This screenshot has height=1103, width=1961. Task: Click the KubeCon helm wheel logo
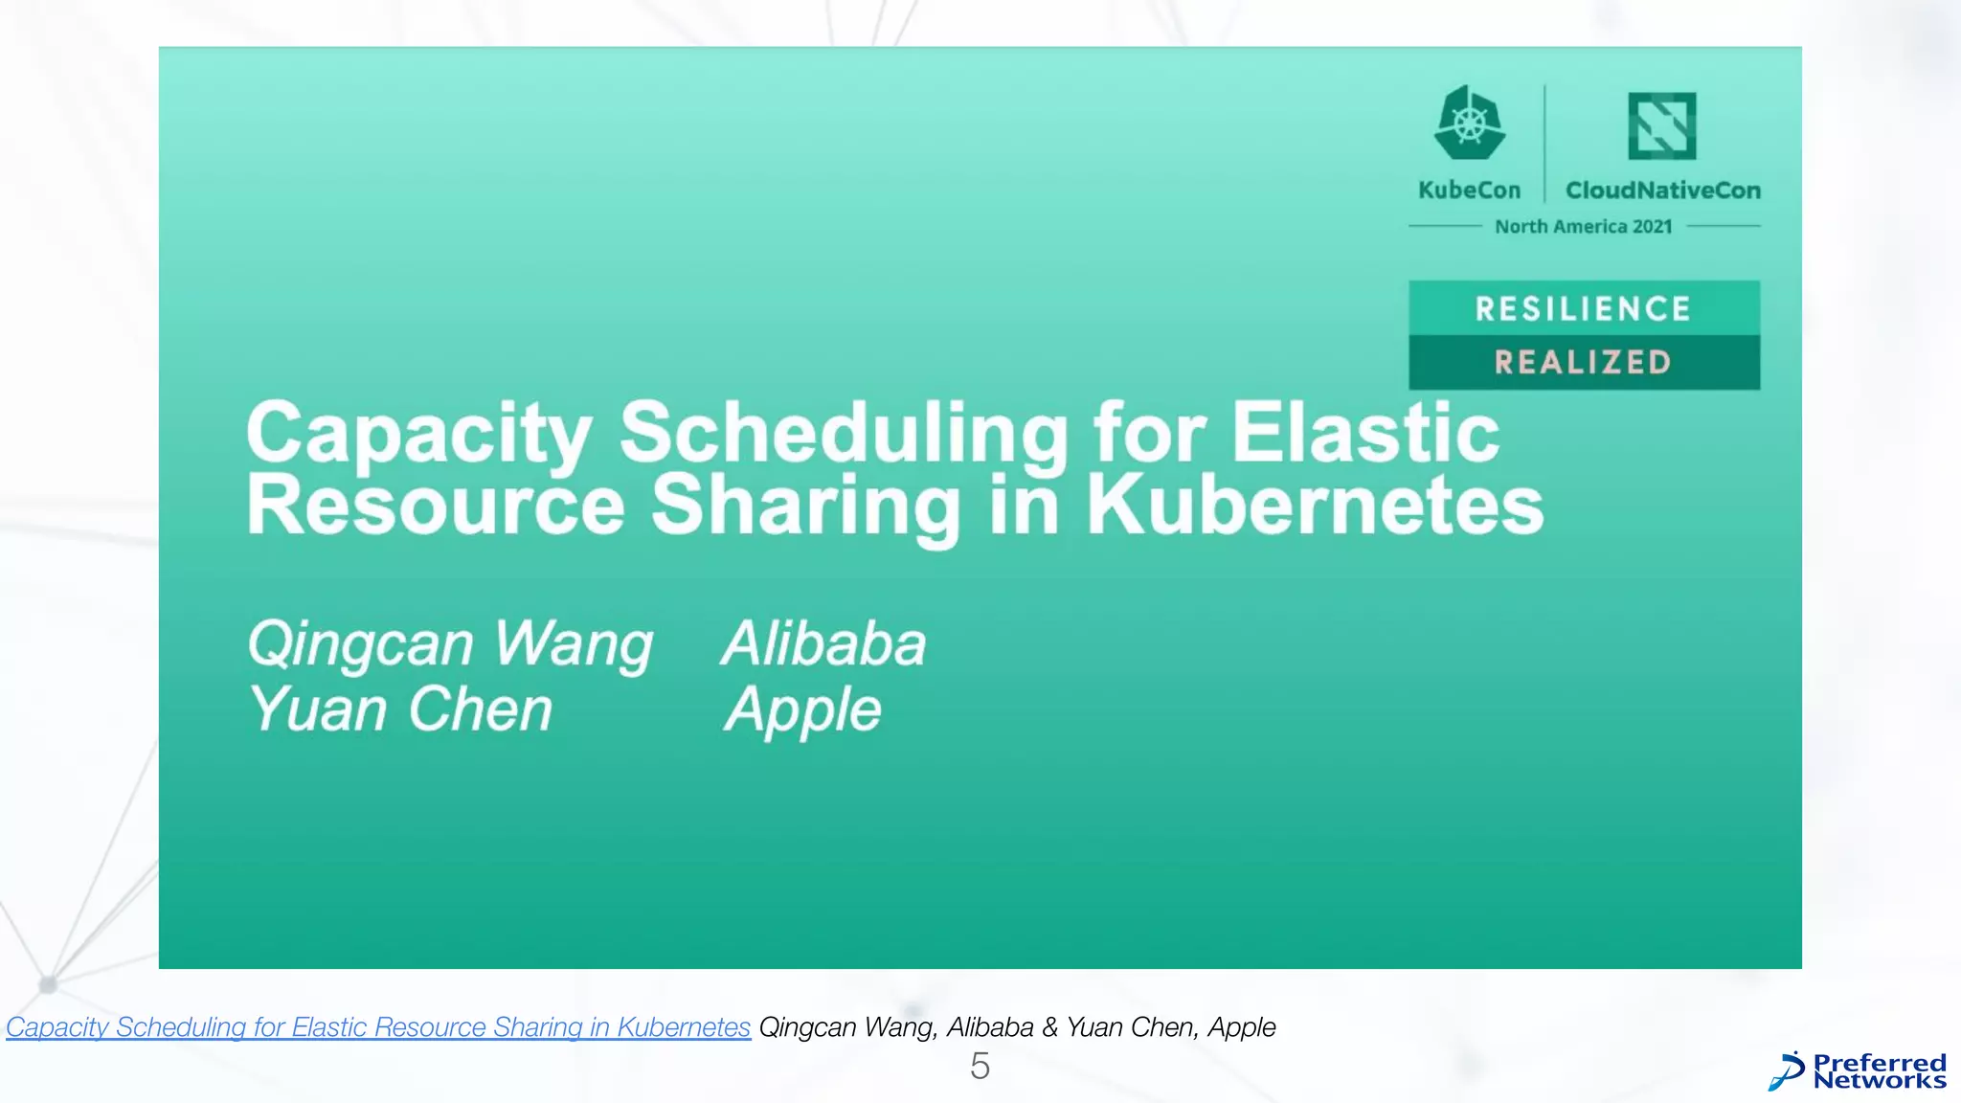1469,123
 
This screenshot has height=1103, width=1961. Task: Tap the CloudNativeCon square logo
1661,125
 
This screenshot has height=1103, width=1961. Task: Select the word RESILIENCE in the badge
1583,308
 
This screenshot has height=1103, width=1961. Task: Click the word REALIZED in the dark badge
1583,362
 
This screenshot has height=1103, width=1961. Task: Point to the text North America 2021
1583,227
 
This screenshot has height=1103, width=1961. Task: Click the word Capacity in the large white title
418,433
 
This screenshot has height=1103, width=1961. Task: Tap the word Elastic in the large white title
1364,433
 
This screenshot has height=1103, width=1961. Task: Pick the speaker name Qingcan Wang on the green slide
450,643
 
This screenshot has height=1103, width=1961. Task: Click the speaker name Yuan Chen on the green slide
401,709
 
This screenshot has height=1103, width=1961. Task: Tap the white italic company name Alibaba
824,643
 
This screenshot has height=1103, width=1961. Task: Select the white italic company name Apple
803,710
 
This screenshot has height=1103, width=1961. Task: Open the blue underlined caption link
378,1027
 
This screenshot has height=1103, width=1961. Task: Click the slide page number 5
980,1067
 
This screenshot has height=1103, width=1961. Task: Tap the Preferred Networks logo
1858,1071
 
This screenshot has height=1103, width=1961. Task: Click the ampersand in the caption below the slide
1049,1027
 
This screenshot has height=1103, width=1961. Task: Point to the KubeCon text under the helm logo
1469,191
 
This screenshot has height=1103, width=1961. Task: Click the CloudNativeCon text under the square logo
1662,191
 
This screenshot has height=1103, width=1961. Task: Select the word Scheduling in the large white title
844,433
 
